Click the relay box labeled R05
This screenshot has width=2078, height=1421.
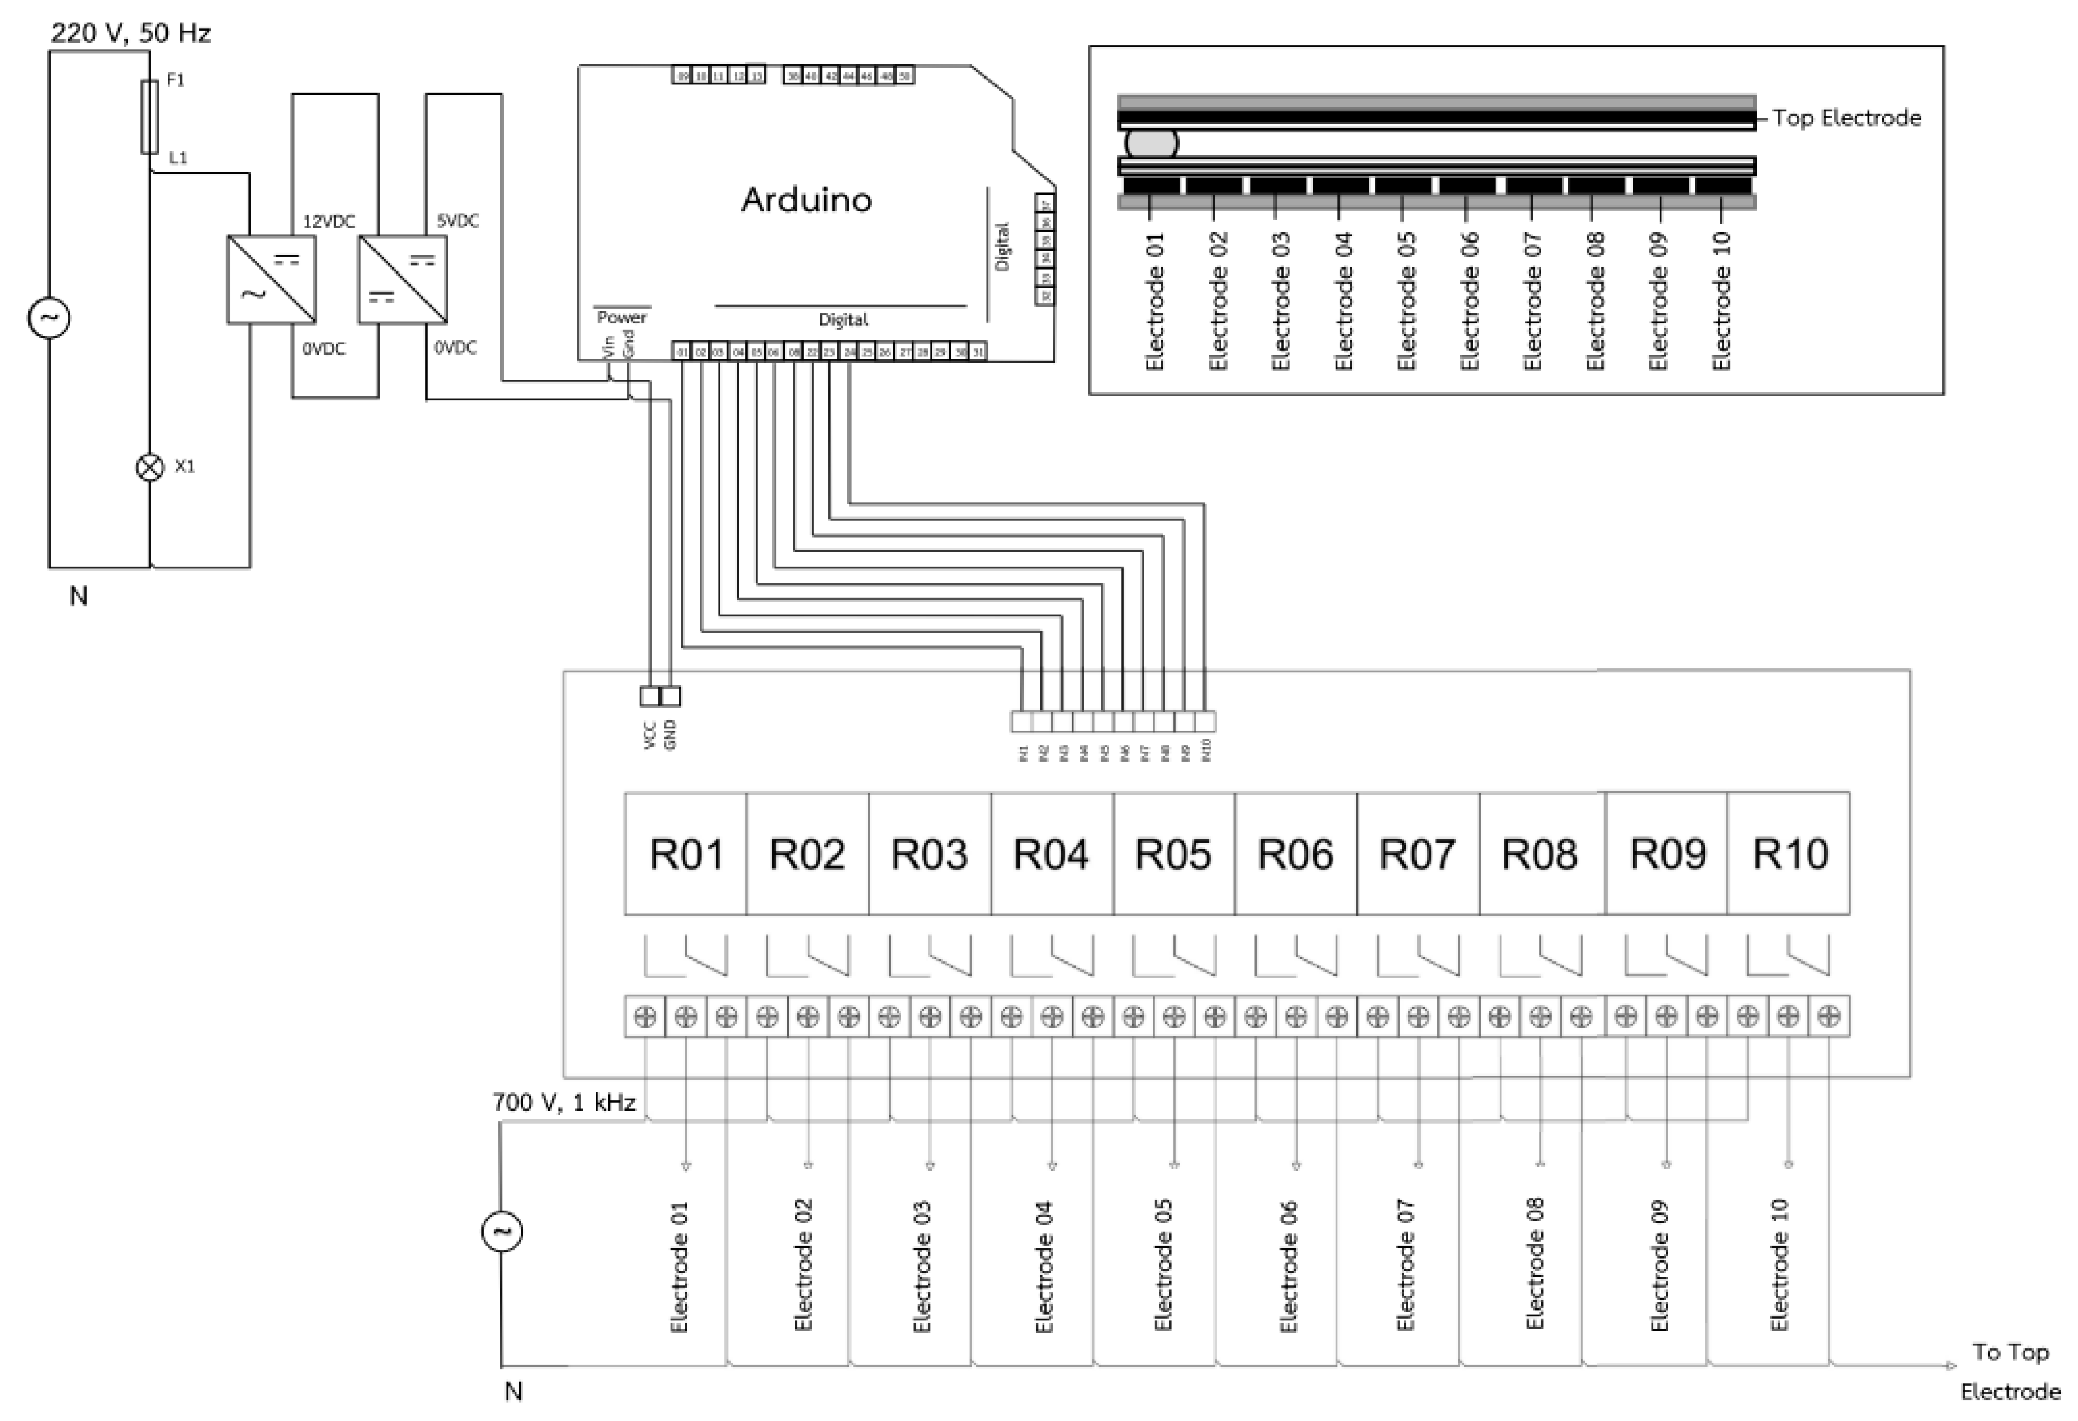click(1173, 853)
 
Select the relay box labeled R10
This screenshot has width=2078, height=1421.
click(1789, 853)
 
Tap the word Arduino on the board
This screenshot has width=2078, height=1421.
click(806, 199)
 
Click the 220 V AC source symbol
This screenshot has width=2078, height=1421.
click(49, 318)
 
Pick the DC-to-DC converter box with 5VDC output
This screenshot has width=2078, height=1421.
click(402, 279)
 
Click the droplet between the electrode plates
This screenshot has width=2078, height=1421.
click(1151, 143)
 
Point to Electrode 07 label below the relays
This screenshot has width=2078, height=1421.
click(1405, 1266)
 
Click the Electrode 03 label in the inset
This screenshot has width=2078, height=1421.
click(1280, 302)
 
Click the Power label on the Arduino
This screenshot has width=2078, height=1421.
click(622, 318)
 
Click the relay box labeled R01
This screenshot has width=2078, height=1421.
click(686, 853)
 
